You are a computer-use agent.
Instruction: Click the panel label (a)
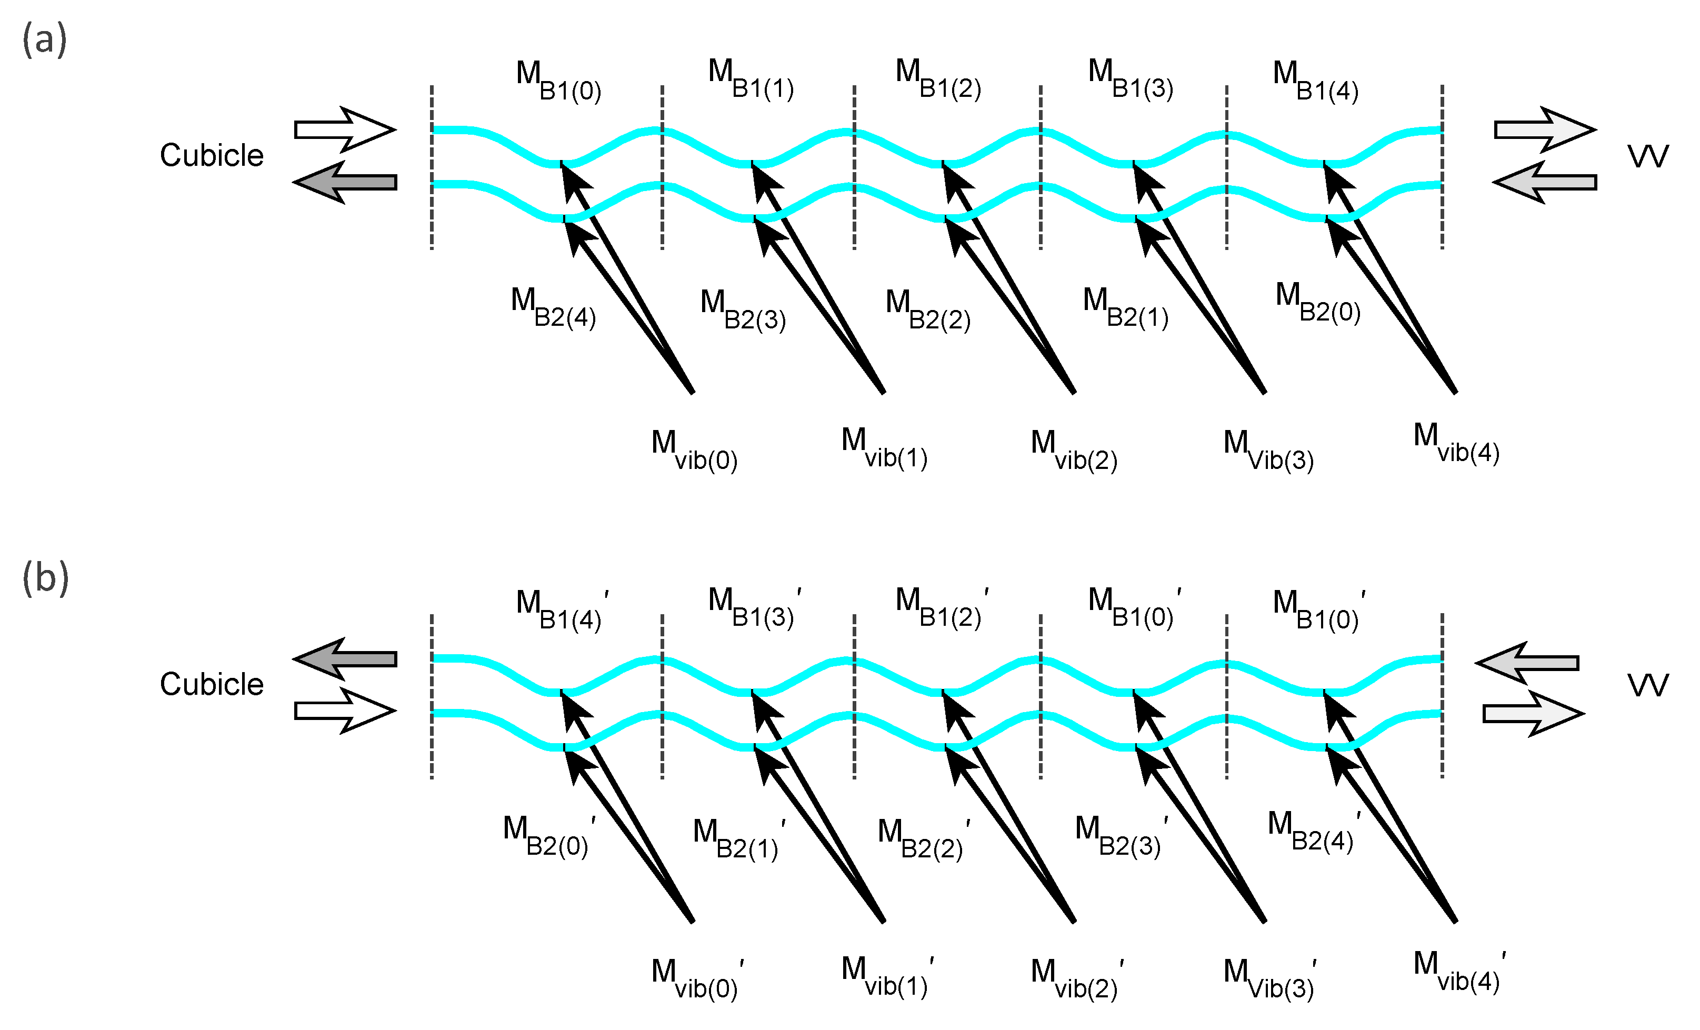tap(45, 39)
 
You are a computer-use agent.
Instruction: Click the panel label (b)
tap(46, 577)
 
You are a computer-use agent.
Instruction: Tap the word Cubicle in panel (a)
tap(212, 155)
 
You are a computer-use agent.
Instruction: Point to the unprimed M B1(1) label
tap(751, 79)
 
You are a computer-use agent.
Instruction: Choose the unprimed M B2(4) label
tap(553, 308)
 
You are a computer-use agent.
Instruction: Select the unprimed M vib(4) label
tap(1456, 444)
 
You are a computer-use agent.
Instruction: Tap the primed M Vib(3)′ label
tap(1269, 979)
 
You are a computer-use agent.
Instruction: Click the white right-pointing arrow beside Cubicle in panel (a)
tap(344, 129)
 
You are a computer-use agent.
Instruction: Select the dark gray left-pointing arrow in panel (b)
tap(344, 659)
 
